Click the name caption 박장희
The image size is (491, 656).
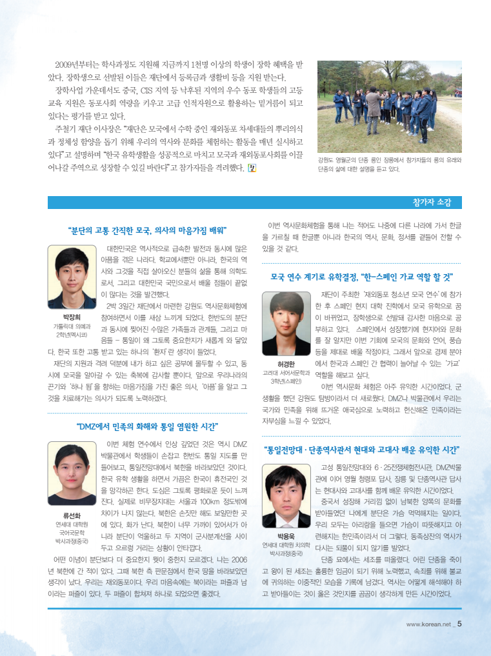[x=71, y=317]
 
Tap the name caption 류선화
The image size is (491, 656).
[x=71, y=515]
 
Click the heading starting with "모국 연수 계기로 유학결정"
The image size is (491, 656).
[x=361, y=277]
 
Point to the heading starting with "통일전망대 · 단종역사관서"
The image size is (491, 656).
[x=361, y=449]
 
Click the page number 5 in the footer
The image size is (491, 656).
[x=459, y=624]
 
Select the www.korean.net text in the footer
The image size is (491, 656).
[x=428, y=624]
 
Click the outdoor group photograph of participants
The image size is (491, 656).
[x=389, y=107]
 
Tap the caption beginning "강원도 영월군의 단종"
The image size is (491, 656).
[x=389, y=164]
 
